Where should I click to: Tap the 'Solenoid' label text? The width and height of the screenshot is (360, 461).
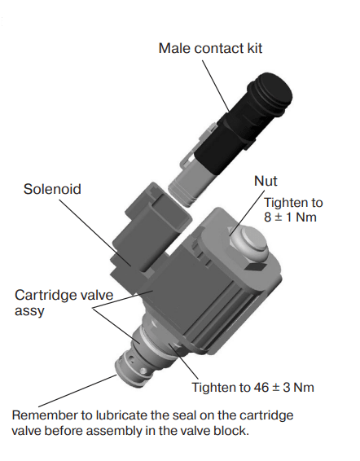point(52,189)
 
